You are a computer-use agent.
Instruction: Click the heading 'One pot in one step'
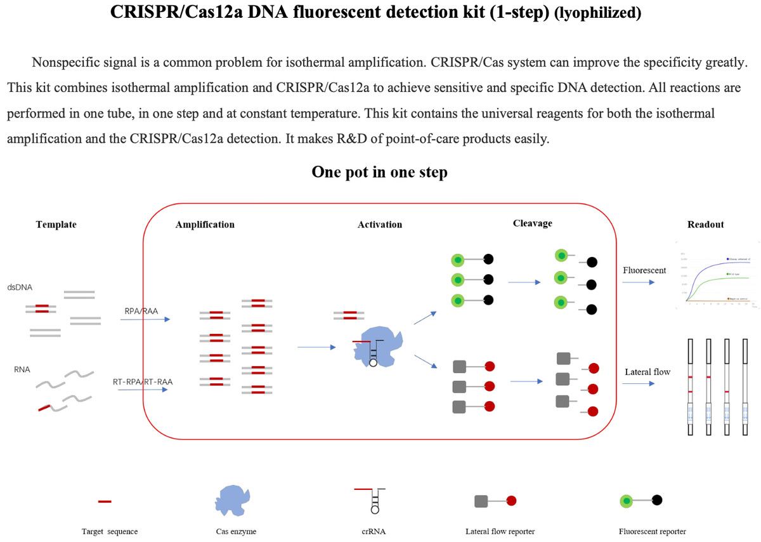(379, 173)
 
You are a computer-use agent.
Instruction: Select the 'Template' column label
(56, 224)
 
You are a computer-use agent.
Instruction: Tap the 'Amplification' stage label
(205, 224)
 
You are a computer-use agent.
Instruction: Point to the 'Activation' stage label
(379, 224)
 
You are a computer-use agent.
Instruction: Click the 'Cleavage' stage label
(532, 223)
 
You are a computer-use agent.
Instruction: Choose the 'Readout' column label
(705, 224)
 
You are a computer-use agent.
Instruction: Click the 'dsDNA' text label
(20, 288)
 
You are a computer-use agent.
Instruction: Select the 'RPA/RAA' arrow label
(141, 311)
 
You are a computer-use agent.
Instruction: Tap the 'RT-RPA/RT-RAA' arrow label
(143, 382)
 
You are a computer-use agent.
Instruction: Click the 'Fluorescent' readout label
(644, 270)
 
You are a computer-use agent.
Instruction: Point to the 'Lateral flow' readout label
(647, 372)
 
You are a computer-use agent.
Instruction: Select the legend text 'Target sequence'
(110, 531)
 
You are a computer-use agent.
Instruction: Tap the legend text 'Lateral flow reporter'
(499, 531)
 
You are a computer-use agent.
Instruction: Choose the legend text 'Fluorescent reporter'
(652, 531)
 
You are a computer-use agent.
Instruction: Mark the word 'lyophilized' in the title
(597, 14)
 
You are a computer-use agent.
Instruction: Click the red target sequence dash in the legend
(105, 501)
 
